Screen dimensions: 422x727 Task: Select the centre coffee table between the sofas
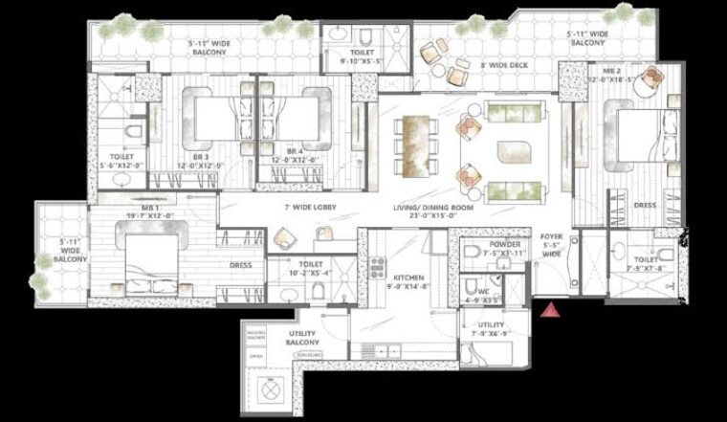pyautogui.click(x=512, y=150)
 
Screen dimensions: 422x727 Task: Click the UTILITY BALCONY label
pyautogui.click(x=302, y=336)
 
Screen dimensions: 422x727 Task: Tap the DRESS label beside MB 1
pyautogui.click(x=239, y=266)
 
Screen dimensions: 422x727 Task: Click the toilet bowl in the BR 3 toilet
pyautogui.click(x=134, y=129)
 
